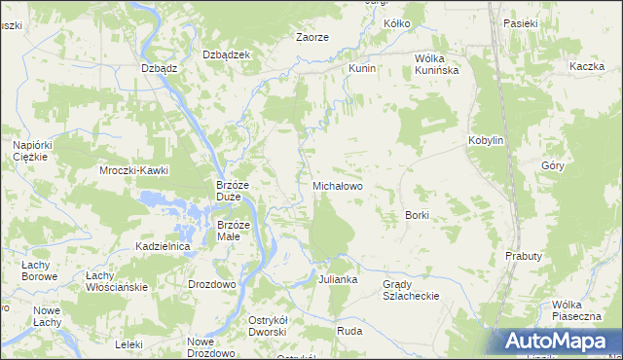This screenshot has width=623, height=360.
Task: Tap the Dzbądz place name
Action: tap(159, 68)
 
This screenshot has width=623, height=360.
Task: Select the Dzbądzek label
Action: tap(226, 54)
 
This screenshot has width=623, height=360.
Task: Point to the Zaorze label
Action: tap(311, 37)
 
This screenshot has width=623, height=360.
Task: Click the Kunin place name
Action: tap(362, 70)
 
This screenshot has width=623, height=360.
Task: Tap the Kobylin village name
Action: tap(486, 140)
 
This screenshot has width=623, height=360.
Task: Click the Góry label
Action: tap(552, 165)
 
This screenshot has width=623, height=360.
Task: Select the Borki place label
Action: tap(417, 214)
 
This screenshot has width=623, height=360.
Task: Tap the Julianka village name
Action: tap(338, 279)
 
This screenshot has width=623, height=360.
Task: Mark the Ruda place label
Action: tap(349, 330)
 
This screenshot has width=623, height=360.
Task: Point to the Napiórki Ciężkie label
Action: tap(32, 152)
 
